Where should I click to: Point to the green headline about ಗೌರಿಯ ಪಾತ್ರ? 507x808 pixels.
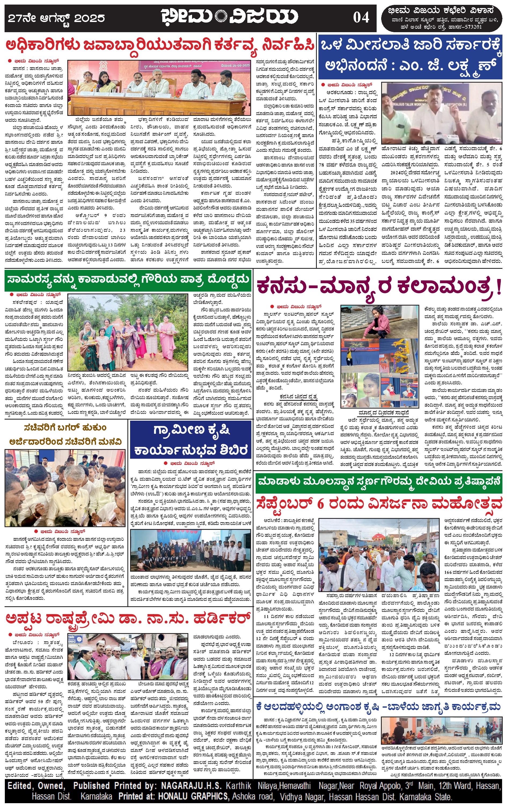point(128,280)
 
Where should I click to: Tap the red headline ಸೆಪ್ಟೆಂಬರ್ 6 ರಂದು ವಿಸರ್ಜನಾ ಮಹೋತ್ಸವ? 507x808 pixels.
point(379,504)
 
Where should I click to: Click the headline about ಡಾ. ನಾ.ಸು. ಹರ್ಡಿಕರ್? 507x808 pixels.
point(128,617)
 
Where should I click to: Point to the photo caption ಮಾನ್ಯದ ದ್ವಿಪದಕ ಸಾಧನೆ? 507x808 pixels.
point(379,412)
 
